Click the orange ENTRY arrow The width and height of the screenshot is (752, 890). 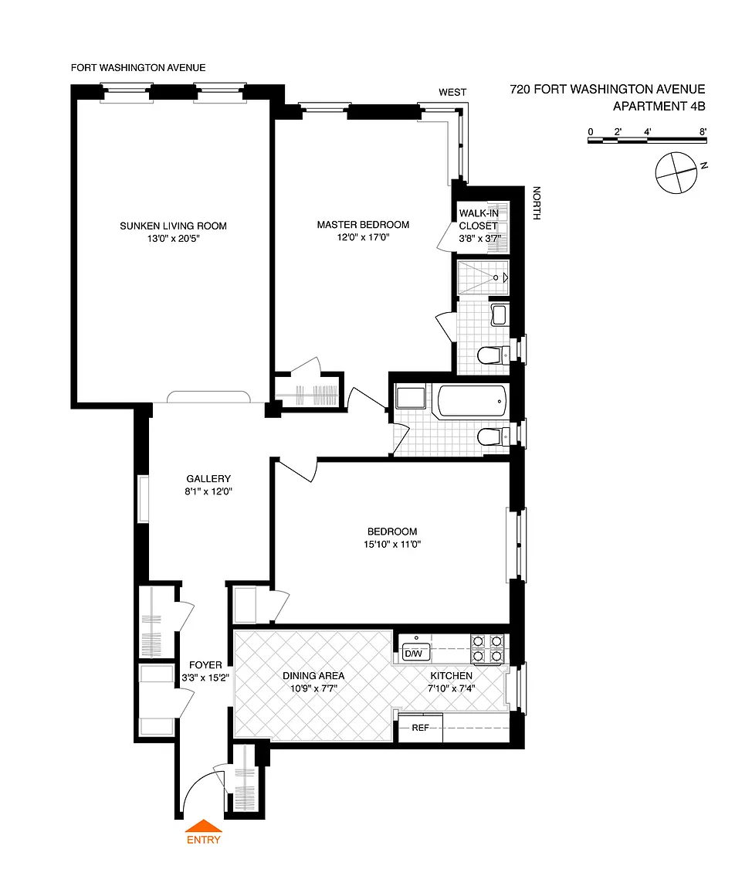coord(204,826)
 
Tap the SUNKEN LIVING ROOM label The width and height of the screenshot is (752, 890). coord(173,226)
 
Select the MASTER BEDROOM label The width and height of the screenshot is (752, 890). coord(363,225)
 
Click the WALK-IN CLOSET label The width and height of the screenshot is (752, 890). coord(479,219)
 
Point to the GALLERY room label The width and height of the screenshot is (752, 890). coord(208,478)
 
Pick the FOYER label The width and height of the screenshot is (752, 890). coord(205,664)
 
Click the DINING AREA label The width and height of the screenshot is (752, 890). coord(313,675)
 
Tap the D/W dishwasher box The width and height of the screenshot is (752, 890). coord(415,654)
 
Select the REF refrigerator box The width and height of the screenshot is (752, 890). coord(420,728)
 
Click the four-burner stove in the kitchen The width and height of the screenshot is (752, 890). coord(487,648)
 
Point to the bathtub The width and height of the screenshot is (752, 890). coord(471,401)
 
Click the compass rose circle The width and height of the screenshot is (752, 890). coord(676,172)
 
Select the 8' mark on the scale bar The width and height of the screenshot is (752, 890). coord(703,131)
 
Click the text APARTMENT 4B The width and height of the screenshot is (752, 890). coord(659,106)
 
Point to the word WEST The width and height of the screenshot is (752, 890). coord(452,92)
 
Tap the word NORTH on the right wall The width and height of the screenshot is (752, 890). coord(537,203)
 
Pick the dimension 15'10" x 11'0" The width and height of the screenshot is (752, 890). coord(392,545)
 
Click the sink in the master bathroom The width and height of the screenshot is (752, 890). coord(500,315)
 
